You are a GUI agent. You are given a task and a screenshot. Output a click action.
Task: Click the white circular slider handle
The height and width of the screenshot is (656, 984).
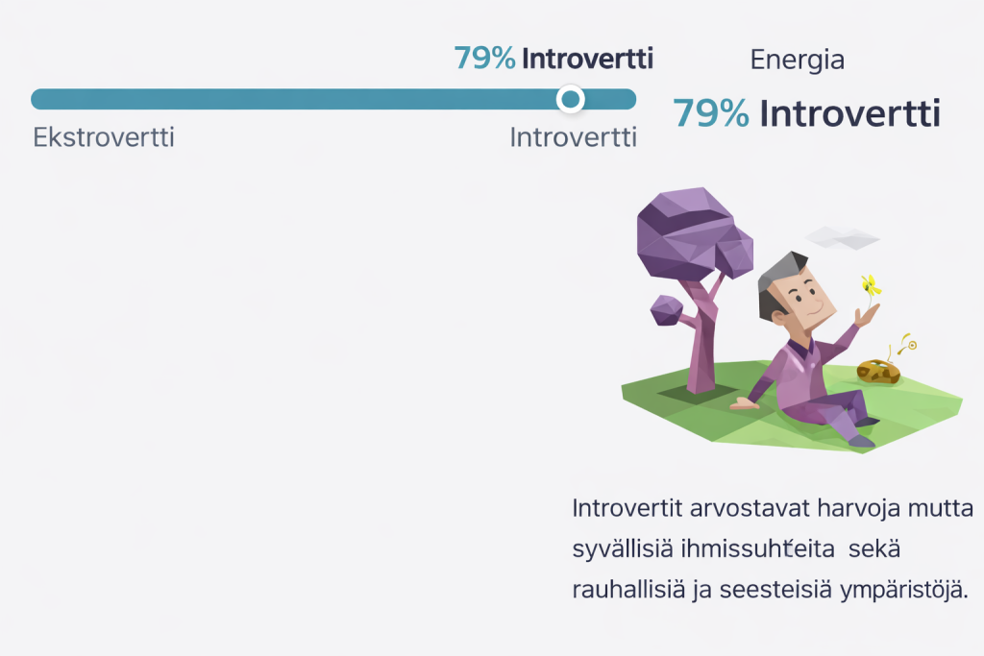pyautogui.click(x=571, y=99)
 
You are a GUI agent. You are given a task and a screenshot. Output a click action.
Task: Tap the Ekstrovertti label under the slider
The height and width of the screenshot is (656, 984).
pyautogui.click(x=104, y=137)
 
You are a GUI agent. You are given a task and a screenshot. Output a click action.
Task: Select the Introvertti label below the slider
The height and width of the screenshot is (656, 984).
pyautogui.click(x=573, y=137)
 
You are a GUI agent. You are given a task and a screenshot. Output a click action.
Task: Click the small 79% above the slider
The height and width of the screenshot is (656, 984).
pyautogui.click(x=484, y=58)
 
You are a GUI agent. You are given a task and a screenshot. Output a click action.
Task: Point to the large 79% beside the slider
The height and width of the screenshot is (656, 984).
pyautogui.click(x=711, y=113)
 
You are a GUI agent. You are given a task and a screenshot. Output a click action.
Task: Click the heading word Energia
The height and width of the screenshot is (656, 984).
pyautogui.click(x=797, y=61)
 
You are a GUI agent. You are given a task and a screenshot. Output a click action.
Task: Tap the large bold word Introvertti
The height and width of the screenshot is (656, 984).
pyautogui.click(x=849, y=113)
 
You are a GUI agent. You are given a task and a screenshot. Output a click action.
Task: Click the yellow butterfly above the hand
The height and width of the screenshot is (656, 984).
pyautogui.click(x=871, y=286)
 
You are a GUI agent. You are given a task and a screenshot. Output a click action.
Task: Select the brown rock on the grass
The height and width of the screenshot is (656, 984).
pyautogui.click(x=878, y=372)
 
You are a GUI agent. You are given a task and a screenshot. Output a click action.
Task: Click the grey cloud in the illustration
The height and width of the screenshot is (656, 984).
pyautogui.click(x=842, y=238)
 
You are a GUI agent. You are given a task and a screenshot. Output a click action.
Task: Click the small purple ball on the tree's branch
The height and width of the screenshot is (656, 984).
pyautogui.click(x=667, y=310)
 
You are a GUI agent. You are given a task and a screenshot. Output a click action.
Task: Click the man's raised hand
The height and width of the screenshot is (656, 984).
pyautogui.click(x=867, y=315)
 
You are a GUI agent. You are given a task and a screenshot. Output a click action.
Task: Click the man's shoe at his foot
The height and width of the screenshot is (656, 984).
pyautogui.click(x=861, y=441)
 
